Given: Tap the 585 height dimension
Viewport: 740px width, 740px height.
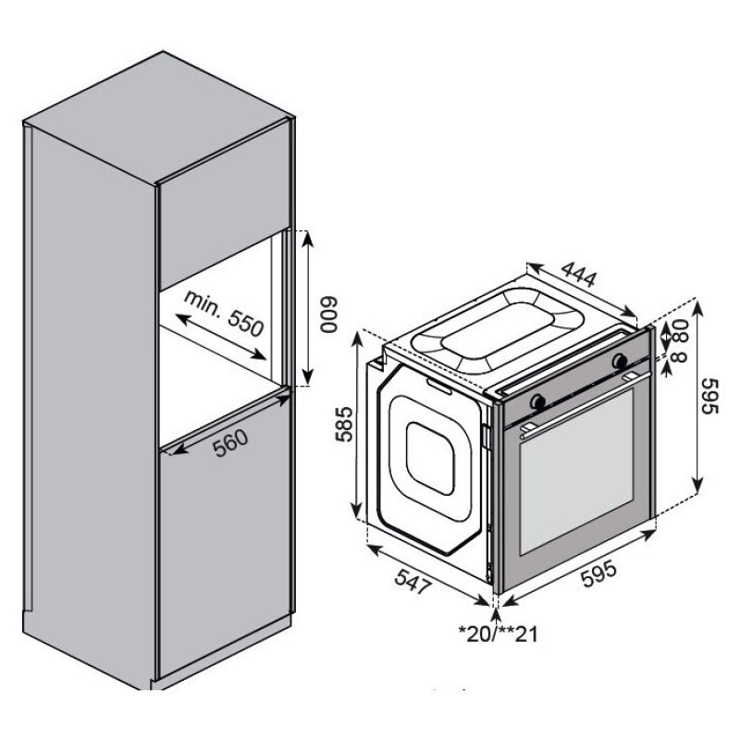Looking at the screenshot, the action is pyautogui.click(x=344, y=424).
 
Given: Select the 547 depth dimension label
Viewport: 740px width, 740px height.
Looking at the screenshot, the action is pyautogui.click(x=413, y=582).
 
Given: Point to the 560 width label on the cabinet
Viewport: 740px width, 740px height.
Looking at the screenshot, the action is pyautogui.click(x=229, y=443).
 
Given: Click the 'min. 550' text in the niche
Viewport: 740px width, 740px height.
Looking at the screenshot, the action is pyautogui.click(x=224, y=313).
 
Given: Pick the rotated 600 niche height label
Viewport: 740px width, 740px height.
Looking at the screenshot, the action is pyautogui.click(x=328, y=314).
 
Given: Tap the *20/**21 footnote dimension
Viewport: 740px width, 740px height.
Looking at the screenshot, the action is pyautogui.click(x=499, y=634).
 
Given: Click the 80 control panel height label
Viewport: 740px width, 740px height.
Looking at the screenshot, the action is pyautogui.click(x=682, y=330).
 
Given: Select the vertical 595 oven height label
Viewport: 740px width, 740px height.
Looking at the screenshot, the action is pyautogui.click(x=709, y=396).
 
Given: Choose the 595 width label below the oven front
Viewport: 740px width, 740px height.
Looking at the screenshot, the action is pyautogui.click(x=598, y=573).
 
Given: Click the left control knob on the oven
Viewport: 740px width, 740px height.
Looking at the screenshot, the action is pyautogui.click(x=537, y=401).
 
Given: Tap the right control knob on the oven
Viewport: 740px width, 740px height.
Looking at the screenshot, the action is pyautogui.click(x=620, y=361).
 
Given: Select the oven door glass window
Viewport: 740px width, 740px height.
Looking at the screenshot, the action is pyautogui.click(x=576, y=472).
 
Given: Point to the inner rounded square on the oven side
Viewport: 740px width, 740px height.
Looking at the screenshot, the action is pyautogui.click(x=430, y=458).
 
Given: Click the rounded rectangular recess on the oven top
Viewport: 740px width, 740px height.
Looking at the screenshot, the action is pyautogui.click(x=499, y=330).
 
